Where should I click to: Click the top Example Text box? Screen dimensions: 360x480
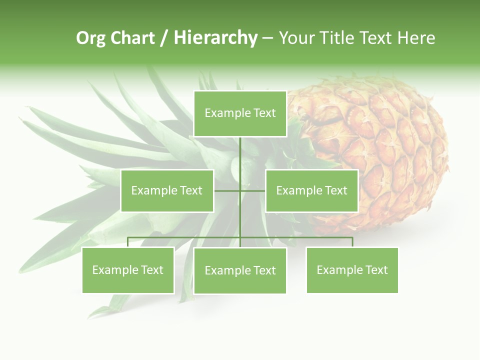(240, 113)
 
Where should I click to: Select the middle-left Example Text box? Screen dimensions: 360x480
(167, 190)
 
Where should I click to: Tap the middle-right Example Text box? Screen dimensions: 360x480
(311, 190)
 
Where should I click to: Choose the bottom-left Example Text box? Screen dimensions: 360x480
(128, 270)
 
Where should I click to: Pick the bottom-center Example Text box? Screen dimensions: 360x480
(240, 270)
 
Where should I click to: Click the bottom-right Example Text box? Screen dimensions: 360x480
(352, 270)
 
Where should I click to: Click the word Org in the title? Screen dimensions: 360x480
(90, 38)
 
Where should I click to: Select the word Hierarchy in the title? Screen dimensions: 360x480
(215, 38)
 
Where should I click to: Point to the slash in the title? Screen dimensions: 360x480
(164, 38)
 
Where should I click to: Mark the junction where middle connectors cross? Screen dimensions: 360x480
(240, 190)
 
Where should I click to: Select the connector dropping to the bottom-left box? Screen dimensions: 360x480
(128, 242)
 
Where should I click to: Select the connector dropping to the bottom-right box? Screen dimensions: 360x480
(352, 242)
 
